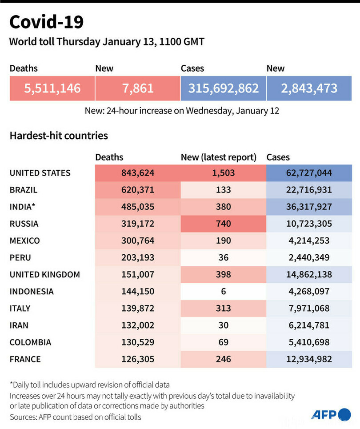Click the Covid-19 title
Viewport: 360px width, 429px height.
click(46, 22)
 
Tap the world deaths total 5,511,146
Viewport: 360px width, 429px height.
click(52, 88)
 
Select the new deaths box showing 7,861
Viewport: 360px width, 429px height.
click(137, 88)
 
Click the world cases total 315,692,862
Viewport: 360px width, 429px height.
click(223, 88)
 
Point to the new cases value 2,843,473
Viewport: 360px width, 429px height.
click(309, 88)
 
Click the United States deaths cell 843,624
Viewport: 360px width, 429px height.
click(137, 173)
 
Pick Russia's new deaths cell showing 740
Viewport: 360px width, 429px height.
click(223, 224)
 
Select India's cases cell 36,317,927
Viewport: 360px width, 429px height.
click(309, 207)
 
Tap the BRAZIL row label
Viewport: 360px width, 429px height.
click(24, 190)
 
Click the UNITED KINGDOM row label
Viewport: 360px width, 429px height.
click(45, 274)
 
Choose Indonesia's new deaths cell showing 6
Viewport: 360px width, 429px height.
click(223, 291)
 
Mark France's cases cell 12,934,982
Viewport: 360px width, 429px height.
click(309, 359)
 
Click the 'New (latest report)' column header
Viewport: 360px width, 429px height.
click(219, 157)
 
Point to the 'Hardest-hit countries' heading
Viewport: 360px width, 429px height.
click(59, 136)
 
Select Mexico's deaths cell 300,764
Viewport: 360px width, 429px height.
click(137, 241)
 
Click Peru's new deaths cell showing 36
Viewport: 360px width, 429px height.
click(223, 257)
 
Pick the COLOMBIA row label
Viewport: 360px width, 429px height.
click(30, 342)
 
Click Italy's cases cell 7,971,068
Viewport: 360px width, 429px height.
click(309, 308)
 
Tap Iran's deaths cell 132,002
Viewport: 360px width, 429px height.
click(137, 325)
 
